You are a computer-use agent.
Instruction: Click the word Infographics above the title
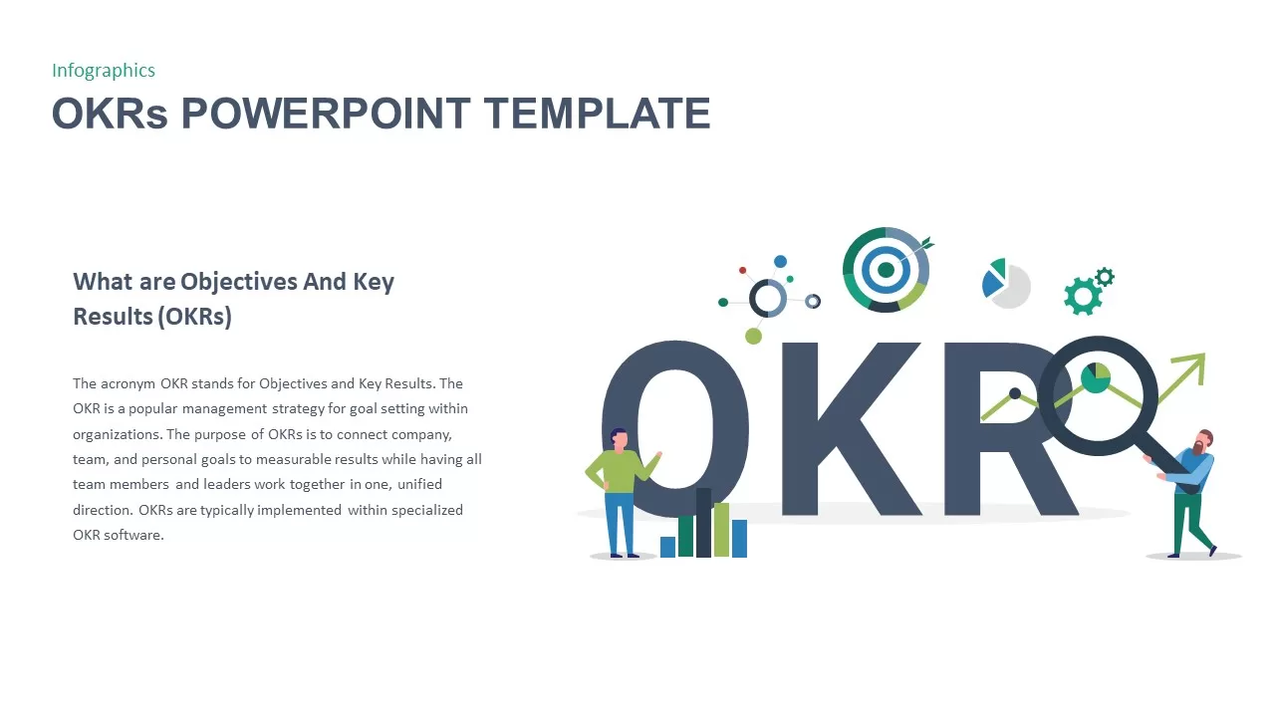coord(104,70)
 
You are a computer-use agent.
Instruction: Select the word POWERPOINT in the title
coord(325,114)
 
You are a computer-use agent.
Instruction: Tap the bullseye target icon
coord(886,270)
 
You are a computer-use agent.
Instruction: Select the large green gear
coord(1082,296)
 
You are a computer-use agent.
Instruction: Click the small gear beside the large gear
coord(1105,277)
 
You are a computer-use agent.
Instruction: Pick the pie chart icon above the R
coord(1006,284)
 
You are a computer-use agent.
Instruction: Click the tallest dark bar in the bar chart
coord(703,522)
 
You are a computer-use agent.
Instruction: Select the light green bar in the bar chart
coord(721,529)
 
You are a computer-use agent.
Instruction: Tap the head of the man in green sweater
coord(619,438)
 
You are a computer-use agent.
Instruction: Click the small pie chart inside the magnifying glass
coord(1096,378)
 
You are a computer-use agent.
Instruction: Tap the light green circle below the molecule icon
coord(753,337)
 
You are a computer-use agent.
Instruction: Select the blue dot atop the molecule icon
coord(780,262)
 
